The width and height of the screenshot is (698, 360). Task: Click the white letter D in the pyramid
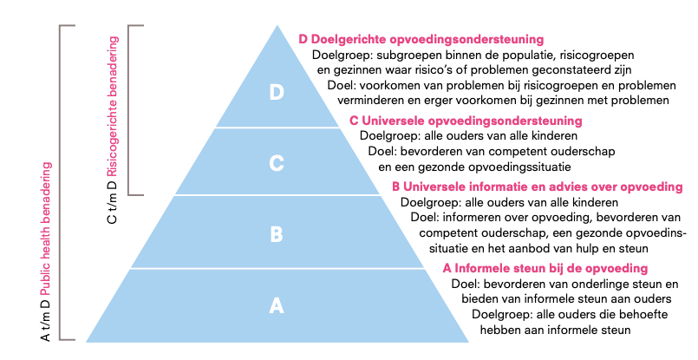point(277,92)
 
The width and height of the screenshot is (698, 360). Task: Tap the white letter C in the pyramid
point(277,163)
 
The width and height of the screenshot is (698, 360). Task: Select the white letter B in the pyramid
point(277,234)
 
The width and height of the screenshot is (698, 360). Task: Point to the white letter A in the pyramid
point(277,306)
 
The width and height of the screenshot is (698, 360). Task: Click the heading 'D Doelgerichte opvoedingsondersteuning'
point(421,40)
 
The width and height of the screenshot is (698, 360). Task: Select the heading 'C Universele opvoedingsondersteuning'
point(466,121)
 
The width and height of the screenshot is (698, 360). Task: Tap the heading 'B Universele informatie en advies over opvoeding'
point(538,187)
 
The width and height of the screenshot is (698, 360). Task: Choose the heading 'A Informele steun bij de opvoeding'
point(545,268)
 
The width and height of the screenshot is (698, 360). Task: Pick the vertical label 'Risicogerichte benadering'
point(113,107)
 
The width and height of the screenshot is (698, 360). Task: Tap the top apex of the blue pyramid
point(277,25)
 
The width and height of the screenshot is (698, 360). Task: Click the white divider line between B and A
point(277,269)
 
